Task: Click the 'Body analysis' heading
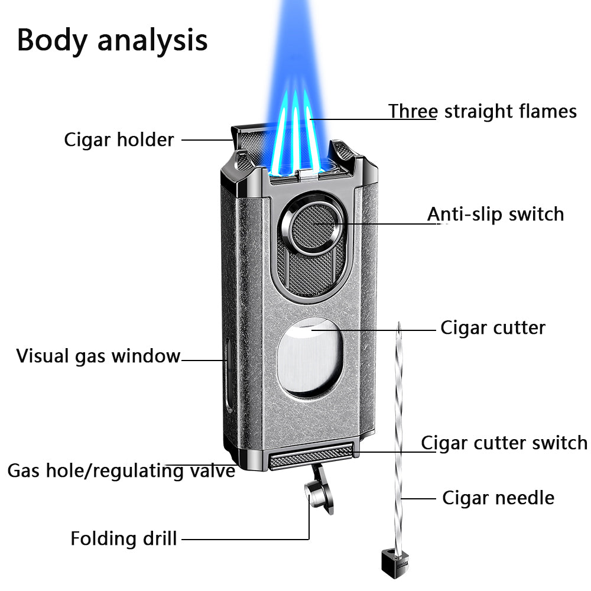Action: pyautogui.click(x=112, y=40)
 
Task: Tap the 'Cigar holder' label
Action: pyautogui.click(x=119, y=140)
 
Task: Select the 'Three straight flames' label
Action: pyautogui.click(x=482, y=111)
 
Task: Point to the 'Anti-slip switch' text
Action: pyautogui.click(x=495, y=214)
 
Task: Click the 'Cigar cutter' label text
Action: pyautogui.click(x=492, y=327)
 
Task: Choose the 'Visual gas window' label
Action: pyautogui.click(x=98, y=356)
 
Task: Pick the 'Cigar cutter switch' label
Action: pyautogui.click(x=504, y=443)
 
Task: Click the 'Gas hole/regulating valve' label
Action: pyautogui.click(x=121, y=471)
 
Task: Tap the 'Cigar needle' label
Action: pyautogui.click(x=498, y=498)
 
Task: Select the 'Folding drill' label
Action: pyautogui.click(x=124, y=538)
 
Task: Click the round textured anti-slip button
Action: pyautogui.click(x=311, y=224)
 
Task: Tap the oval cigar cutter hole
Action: pyautogui.click(x=309, y=356)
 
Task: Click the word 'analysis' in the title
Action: pyautogui.click(x=152, y=40)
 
